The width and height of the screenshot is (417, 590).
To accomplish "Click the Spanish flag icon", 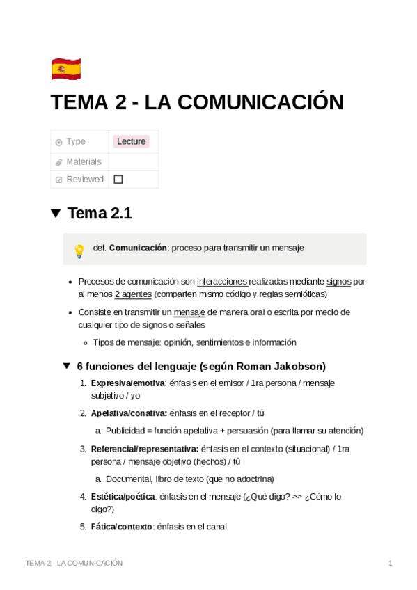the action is [66, 69].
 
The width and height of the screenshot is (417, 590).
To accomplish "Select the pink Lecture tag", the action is [131, 141].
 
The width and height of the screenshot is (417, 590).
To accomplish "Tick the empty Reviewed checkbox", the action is [118, 180].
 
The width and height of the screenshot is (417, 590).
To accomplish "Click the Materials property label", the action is [84, 161].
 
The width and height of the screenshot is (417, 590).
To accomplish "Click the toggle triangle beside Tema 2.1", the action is [56, 214].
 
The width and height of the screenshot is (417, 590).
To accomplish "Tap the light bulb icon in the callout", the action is [79, 250].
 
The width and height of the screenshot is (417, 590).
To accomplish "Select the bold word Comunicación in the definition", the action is [138, 248].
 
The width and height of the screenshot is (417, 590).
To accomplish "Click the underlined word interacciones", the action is [222, 282].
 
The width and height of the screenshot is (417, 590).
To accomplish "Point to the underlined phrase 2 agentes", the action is [134, 294].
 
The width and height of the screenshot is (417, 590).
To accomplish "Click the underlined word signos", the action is [338, 282].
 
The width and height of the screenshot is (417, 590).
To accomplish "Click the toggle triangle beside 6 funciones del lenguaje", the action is [67, 366].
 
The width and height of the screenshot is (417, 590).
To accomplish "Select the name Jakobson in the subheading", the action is [300, 367].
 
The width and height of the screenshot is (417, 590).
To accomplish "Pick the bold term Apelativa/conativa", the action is [128, 413].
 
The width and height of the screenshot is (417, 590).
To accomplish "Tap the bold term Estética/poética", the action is [123, 497].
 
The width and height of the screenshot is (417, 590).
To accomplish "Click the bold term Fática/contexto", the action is [121, 527].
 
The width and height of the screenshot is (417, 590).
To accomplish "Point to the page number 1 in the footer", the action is [391, 563].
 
